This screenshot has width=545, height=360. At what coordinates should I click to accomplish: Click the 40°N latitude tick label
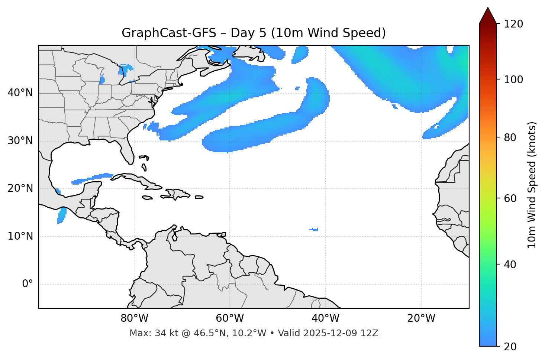(x=20, y=93)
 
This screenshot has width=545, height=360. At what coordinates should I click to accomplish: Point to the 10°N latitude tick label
(x=20, y=236)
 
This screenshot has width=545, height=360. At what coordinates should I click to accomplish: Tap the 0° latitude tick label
(x=28, y=284)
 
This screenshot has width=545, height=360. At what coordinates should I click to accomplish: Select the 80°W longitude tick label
(x=134, y=318)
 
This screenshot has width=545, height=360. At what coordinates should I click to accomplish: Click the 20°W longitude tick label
(x=421, y=318)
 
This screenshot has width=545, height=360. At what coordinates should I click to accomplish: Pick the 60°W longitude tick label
(x=230, y=318)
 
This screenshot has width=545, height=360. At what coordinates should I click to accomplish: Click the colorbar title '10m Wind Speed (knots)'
(x=532, y=185)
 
